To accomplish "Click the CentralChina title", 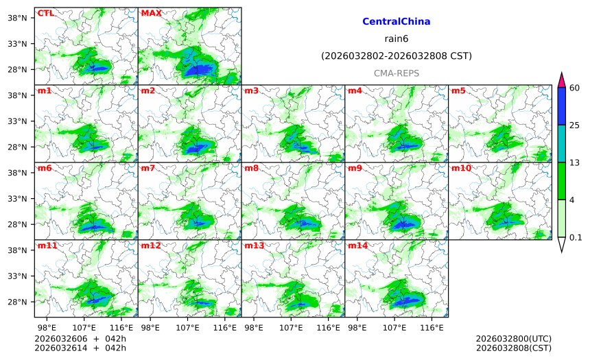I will click(396, 22).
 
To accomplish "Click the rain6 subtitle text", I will click(396, 38).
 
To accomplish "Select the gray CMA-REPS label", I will click(396, 73).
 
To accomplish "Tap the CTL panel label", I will click(45, 13).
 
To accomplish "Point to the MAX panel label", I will click(151, 13).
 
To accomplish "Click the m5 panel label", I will click(458, 91).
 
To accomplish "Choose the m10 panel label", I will click(461, 168).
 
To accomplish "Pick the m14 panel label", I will click(357, 245).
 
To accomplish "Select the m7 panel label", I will click(147, 168).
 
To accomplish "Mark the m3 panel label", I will click(251, 91).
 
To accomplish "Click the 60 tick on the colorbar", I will click(575, 87).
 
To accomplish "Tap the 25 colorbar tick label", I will click(575, 125).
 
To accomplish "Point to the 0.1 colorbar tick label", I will click(576, 238).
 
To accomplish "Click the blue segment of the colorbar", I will click(561, 106).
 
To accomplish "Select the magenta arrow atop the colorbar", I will click(561, 80).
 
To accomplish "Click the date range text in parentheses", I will click(396, 56).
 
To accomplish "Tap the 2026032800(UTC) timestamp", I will click(513, 339).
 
